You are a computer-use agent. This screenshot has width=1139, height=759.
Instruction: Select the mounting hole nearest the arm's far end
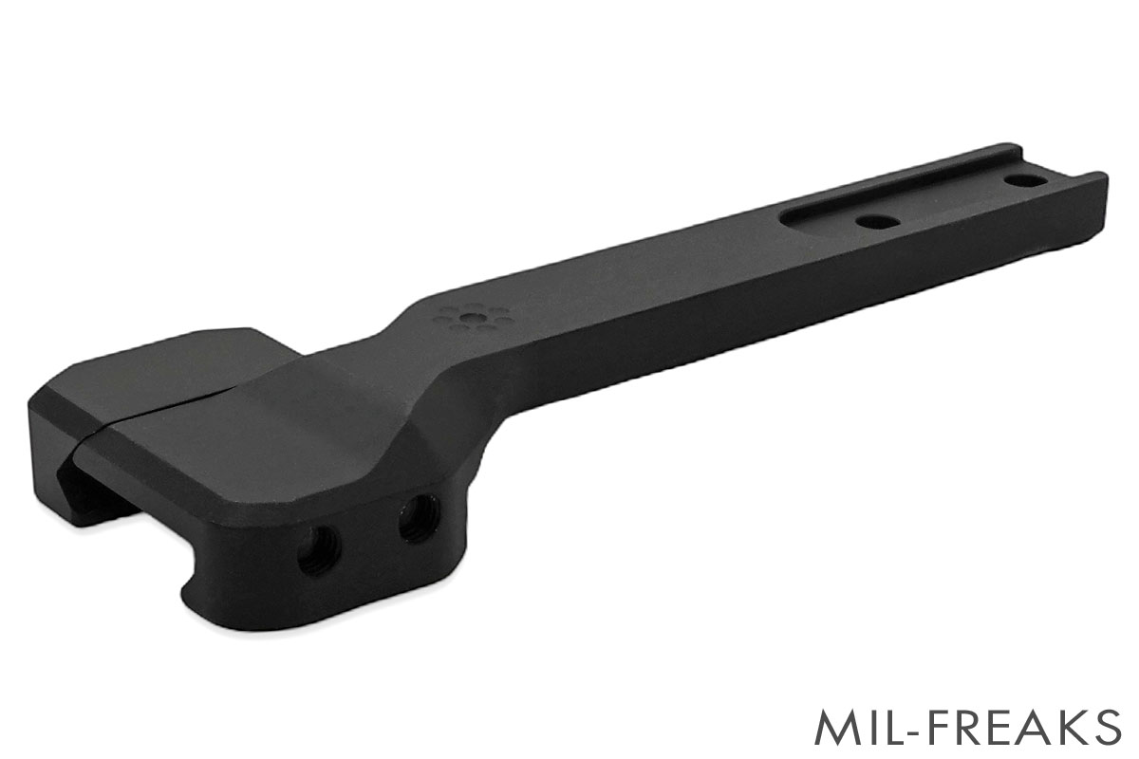pos(1023,178)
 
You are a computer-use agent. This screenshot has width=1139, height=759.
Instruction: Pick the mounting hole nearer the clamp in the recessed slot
pos(876,222)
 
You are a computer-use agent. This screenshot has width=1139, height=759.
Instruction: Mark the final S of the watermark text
pos(1104,727)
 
